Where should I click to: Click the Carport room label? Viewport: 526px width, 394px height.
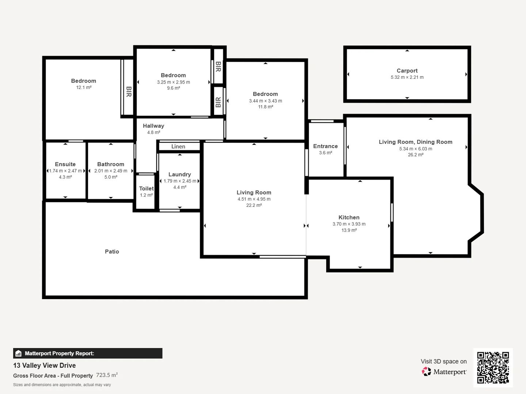[x=407, y=71]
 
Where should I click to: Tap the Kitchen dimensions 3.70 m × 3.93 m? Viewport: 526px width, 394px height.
[x=349, y=224]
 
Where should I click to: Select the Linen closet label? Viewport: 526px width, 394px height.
[x=178, y=147]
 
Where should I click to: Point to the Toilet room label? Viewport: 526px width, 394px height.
[x=146, y=189]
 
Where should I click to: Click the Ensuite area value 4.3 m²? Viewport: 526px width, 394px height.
[x=65, y=177]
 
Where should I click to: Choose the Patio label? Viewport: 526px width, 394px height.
[x=112, y=252]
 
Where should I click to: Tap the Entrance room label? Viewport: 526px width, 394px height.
[x=325, y=146]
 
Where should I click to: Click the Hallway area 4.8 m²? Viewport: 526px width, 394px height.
[x=153, y=132]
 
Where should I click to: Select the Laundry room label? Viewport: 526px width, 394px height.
[x=179, y=174]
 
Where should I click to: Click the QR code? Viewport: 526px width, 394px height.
[x=493, y=367]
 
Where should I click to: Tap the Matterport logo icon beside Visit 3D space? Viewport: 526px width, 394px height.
[x=426, y=371]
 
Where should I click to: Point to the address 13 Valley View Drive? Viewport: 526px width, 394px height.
[x=45, y=366]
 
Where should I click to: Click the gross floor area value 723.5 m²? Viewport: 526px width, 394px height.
[x=107, y=375]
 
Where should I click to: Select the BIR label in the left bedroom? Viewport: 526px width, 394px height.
[x=129, y=92]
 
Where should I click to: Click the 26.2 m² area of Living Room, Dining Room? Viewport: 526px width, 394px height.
[x=415, y=155]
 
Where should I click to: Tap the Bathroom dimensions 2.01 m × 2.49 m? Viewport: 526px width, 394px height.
[x=111, y=171]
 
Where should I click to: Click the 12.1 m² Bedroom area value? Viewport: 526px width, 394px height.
[x=84, y=88]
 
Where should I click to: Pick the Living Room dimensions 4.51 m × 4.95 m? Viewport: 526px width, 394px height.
[x=254, y=199]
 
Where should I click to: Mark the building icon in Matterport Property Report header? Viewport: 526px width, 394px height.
[x=19, y=354]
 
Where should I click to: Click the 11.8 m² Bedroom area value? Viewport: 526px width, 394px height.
[x=265, y=107]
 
